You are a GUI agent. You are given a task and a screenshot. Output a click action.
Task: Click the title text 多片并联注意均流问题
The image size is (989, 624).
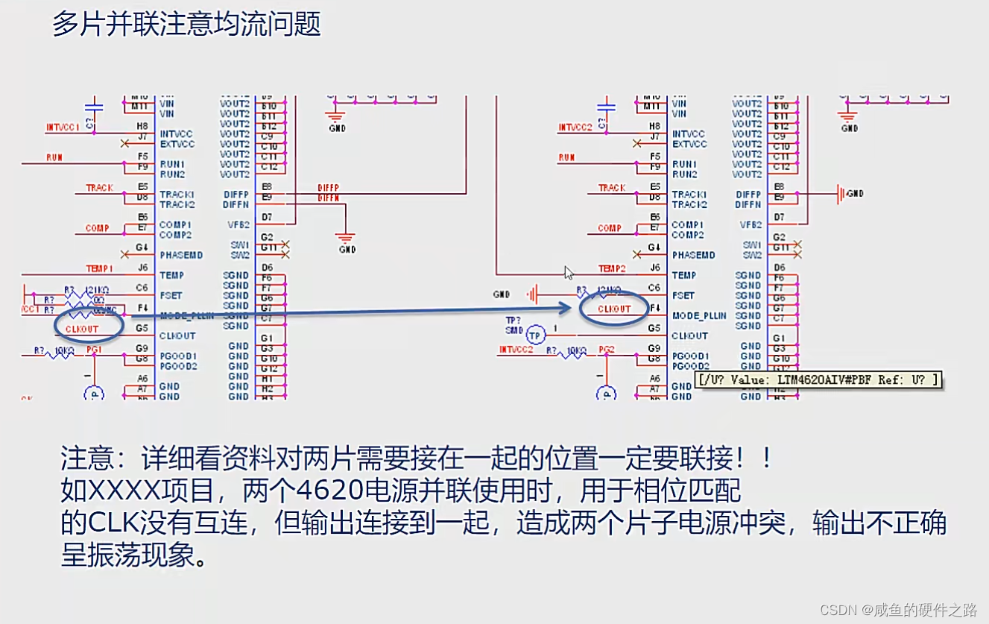[x=186, y=24]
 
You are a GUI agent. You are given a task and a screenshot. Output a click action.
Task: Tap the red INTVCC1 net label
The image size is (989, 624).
[x=63, y=128]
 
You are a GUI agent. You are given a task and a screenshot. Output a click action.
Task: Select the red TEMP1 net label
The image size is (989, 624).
[x=99, y=268]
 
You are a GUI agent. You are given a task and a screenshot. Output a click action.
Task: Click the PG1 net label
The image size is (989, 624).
[x=93, y=350]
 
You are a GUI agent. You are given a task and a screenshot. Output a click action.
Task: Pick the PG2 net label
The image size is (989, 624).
[x=606, y=350]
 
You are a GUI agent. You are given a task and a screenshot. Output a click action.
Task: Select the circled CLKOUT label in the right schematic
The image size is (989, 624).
[x=614, y=309]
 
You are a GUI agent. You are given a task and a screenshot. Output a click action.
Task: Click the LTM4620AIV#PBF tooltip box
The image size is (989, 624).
[x=818, y=379]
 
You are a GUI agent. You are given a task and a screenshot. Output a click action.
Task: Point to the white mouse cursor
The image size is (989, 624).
[x=569, y=273]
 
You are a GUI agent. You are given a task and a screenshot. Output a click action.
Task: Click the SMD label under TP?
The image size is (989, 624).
[x=514, y=330]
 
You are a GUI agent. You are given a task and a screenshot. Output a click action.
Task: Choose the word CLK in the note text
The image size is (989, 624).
[x=109, y=523]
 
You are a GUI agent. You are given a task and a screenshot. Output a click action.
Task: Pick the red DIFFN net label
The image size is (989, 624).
[x=328, y=199]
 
